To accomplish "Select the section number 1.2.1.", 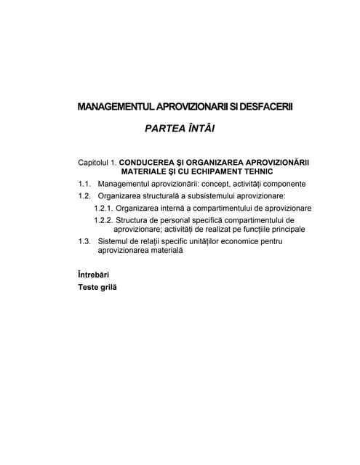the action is click(104, 207).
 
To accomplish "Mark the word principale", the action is click(282, 229).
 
